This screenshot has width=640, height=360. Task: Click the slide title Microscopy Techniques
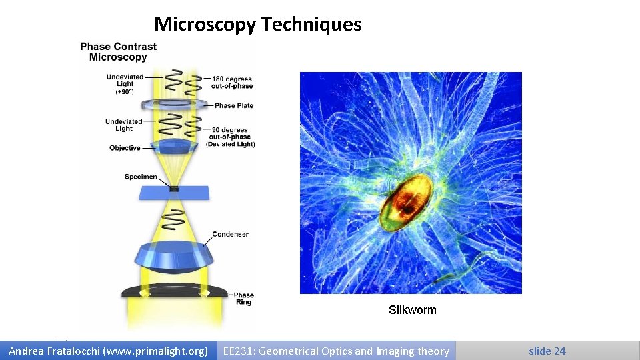click(x=257, y=25)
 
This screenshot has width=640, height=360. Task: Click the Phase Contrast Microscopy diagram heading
click(x=118, y=52)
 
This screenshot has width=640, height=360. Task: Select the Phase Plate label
click(x=234, y=105)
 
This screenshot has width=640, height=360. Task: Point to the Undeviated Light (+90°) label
click(x=125, y=84)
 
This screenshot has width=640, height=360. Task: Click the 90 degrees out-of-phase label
click(x=230, y=134)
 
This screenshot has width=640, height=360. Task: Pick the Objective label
click(x=125, y=148)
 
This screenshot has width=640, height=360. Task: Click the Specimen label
click(x=141, y=177)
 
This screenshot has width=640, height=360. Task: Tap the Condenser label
click(x=230, y=235)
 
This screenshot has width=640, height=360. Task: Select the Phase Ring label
click(x=243, y=299)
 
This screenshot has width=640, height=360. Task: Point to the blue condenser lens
click(x=173, y=257)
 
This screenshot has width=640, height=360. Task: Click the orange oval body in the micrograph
click(x=403, y=200)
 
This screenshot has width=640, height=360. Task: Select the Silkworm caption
click(x=412, y=310)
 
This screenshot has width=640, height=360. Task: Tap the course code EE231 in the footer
click(x=237, y=351)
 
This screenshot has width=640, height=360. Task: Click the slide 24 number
click(x=547, y=351)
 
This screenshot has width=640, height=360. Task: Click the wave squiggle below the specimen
click(x=175, y=217)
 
